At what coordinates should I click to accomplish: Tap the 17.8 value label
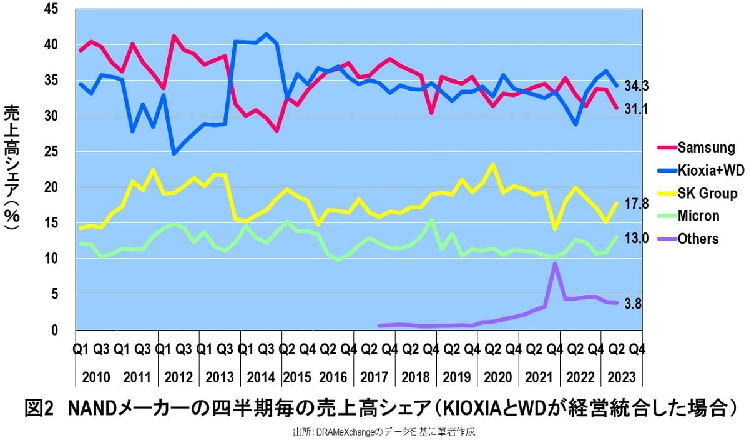637,204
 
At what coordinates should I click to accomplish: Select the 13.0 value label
637,238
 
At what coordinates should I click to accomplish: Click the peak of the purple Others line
554,264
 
